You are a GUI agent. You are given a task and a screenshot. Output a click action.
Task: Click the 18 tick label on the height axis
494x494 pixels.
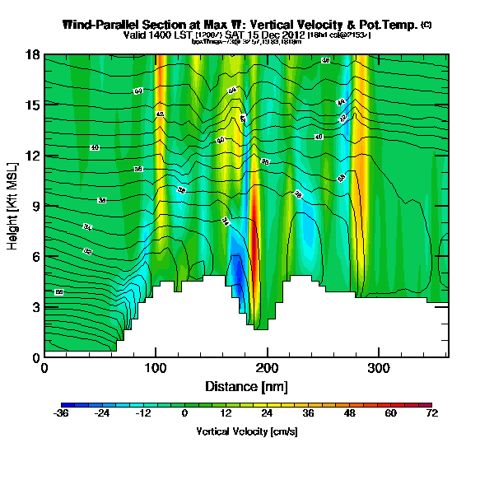(32, 55)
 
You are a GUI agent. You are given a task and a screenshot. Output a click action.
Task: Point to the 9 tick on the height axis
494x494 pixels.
(44, 206)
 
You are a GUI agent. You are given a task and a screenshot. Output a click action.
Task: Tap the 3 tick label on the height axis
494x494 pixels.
(35, 307)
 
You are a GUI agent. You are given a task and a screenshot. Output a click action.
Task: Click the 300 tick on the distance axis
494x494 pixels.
(379, 357)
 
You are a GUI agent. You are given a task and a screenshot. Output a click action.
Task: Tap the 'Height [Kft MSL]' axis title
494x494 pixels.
(13, 205)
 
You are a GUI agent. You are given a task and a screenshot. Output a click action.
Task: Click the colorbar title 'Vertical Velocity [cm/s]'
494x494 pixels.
(247, 431)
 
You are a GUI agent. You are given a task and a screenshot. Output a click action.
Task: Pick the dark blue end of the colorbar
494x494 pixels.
(66, 406)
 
